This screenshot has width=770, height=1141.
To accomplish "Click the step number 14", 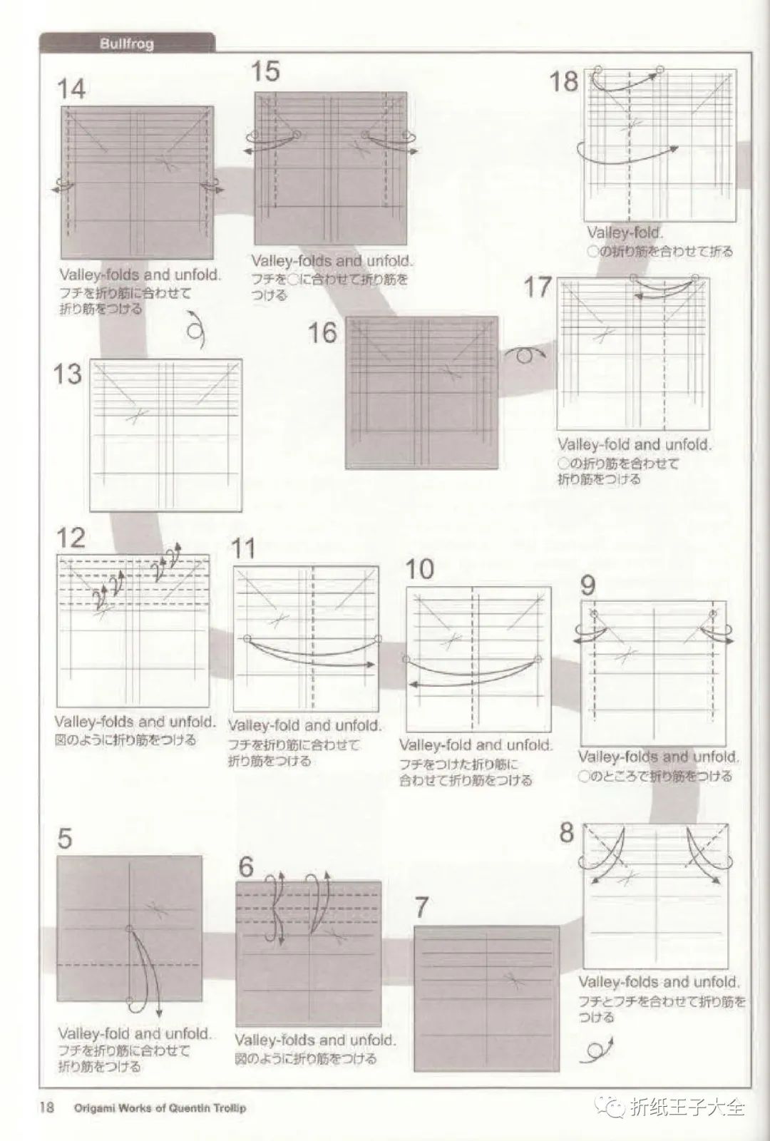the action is click(71, 89).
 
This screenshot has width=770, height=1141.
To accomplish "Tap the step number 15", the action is click(265, 71).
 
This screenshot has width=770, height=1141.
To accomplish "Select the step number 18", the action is click(563, 81).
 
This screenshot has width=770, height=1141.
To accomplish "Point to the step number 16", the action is click(322, 332).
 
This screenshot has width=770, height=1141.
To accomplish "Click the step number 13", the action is click(68, 374).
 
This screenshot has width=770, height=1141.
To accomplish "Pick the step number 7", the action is click(422, 907).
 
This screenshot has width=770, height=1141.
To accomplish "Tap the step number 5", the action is click(65, 838).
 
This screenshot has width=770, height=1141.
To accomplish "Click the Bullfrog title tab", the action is click(127, 44).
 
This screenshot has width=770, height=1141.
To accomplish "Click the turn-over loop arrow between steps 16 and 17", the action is click(525, 354).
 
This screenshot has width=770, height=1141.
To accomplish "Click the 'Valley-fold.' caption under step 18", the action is click(625, 233).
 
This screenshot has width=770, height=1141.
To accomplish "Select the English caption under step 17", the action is click(634, 445).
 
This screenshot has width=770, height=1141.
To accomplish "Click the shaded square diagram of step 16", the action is click(422, 393).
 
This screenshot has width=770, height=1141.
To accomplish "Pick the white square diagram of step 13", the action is click(165, 435).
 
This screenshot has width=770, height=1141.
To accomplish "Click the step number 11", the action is click(243, 549).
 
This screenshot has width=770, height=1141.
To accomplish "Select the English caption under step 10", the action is click(476, 746).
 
